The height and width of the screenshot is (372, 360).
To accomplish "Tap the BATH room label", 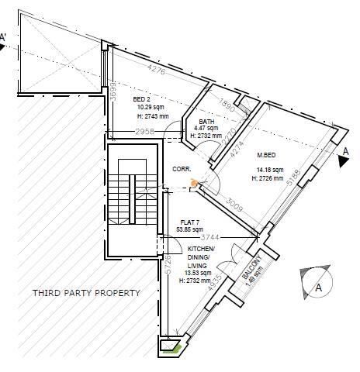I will click(206, 122).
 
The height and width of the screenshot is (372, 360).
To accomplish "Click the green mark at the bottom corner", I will click(178, 349).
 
